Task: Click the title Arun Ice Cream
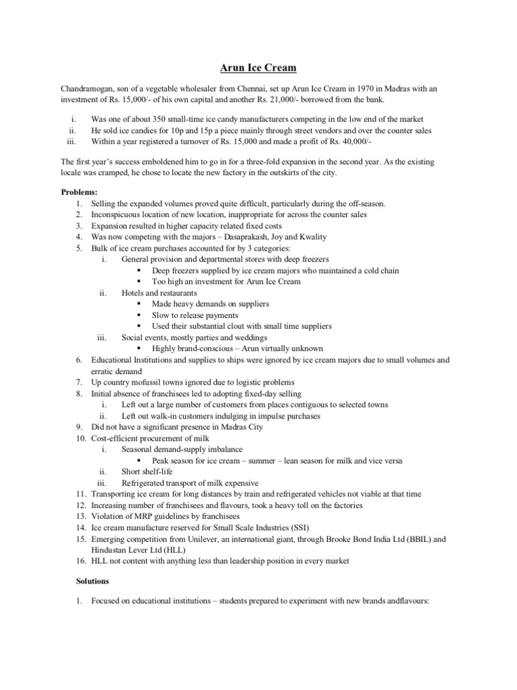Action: coord(258,67)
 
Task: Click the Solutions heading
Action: coord(91,581)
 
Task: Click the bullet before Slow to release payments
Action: coord(139,315)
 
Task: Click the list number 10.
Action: coord(80,438)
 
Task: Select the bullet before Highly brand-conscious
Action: coord(139,349)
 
